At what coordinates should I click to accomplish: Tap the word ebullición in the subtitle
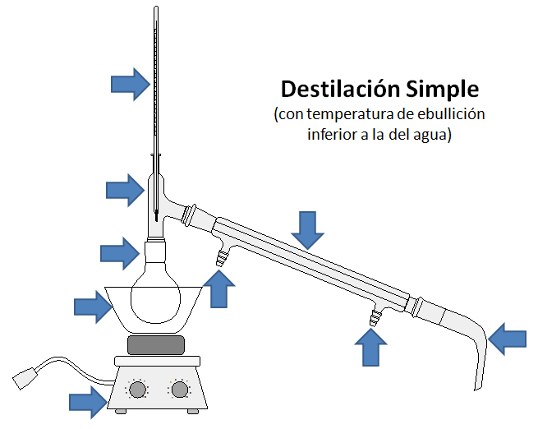(x=444, y=114)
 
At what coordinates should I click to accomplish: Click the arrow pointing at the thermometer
(x=130, y=83)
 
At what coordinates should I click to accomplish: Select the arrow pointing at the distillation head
(x=125, y=190)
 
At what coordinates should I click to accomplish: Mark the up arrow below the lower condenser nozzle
(x=370, y=347)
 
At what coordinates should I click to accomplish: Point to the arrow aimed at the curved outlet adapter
(x=507, y=337)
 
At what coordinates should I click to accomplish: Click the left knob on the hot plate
(x=137, y=390)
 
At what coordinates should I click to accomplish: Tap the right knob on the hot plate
(x=178, y=390)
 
